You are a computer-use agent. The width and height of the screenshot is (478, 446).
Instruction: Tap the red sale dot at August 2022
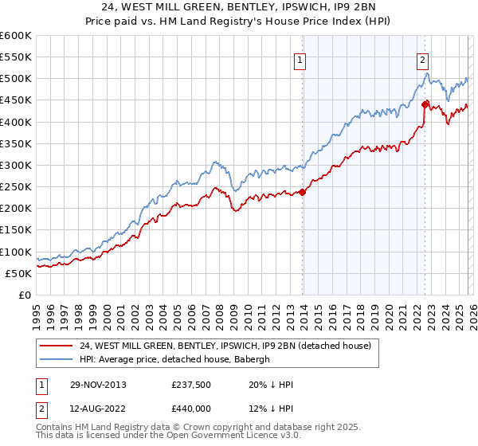click(425, 104)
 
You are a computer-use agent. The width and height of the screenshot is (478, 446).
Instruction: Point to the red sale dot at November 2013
click(303, 191)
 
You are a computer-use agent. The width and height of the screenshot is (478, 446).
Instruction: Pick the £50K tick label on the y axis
click(19, 273)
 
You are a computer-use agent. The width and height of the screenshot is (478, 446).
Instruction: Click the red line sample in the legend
click(56, 346)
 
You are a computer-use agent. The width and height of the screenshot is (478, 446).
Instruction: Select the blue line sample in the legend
click(56, 359)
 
